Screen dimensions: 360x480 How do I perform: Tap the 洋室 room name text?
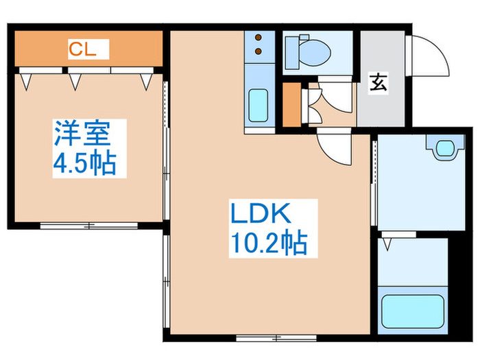pos(82,132)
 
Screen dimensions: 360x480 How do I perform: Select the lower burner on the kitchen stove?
pos(259,51)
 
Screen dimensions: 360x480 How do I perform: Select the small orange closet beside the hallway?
pos(291,106)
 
